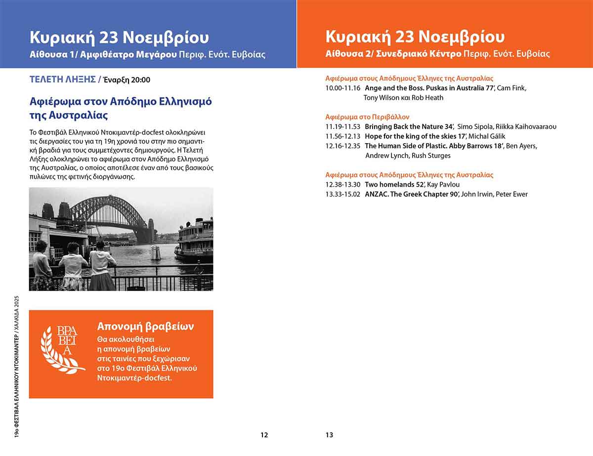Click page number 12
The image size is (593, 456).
264,435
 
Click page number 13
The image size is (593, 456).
329,435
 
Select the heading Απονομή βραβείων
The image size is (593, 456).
145,326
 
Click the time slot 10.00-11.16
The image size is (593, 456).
343,88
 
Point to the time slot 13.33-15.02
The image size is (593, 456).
343,194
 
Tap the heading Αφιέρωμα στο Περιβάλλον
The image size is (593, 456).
367,117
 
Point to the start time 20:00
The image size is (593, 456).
141,80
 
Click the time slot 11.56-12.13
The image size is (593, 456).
343,136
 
